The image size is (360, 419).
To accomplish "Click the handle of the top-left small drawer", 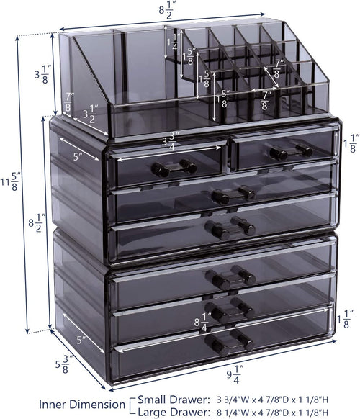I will [174, 168].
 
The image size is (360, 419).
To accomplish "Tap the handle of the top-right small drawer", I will [291, 152].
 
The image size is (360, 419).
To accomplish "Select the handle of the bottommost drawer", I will [233, 343].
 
